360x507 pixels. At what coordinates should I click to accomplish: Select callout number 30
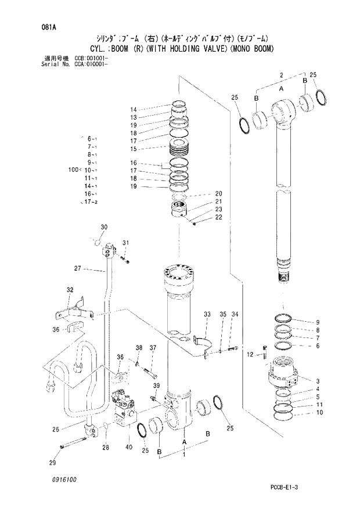(x=104, y=226)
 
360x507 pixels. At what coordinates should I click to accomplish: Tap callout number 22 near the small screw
(x=219, y=217)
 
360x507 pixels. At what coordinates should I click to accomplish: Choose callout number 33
(x=207, y=314)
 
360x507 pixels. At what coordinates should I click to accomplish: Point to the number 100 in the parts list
(x=73, y=170)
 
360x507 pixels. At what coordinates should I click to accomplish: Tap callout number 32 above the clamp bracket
(x=69, y=289)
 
